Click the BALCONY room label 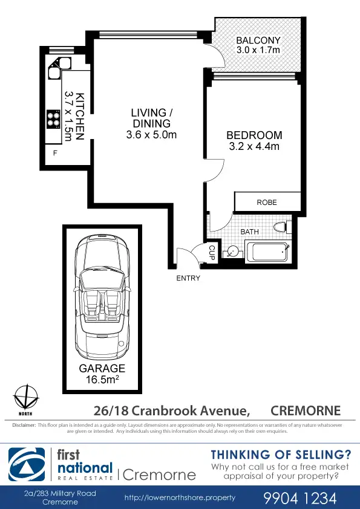258,41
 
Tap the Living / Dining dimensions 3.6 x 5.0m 151,135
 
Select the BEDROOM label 254,135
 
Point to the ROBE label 267,203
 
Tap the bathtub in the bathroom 266,251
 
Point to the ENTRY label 188,279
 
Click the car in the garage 102,296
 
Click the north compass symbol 25,398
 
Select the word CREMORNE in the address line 306,411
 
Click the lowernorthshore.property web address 179,498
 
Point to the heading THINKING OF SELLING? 280,455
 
